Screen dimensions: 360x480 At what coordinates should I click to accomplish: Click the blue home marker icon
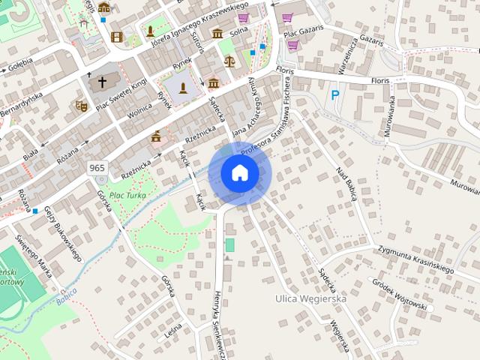click(x=239, y=172)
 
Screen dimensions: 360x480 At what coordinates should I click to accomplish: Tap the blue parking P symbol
click(x=335, y=95)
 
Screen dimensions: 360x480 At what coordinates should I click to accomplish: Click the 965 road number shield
click(x=97, y=167)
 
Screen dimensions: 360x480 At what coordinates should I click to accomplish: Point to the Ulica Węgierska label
click(x=310, y=298)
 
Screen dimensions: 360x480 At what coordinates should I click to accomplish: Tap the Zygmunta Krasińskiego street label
click(x=416, y=258)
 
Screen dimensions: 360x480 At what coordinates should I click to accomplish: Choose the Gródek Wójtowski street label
click(x=400, y=295)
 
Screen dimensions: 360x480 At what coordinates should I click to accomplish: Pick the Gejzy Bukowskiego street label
click(x=62, y=232)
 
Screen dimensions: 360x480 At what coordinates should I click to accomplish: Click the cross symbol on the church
click(x=102, y=82)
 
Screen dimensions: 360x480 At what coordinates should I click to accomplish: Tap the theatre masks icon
click(x=82, y=106)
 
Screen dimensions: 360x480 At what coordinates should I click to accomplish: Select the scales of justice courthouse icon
click(x=229, y=61)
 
